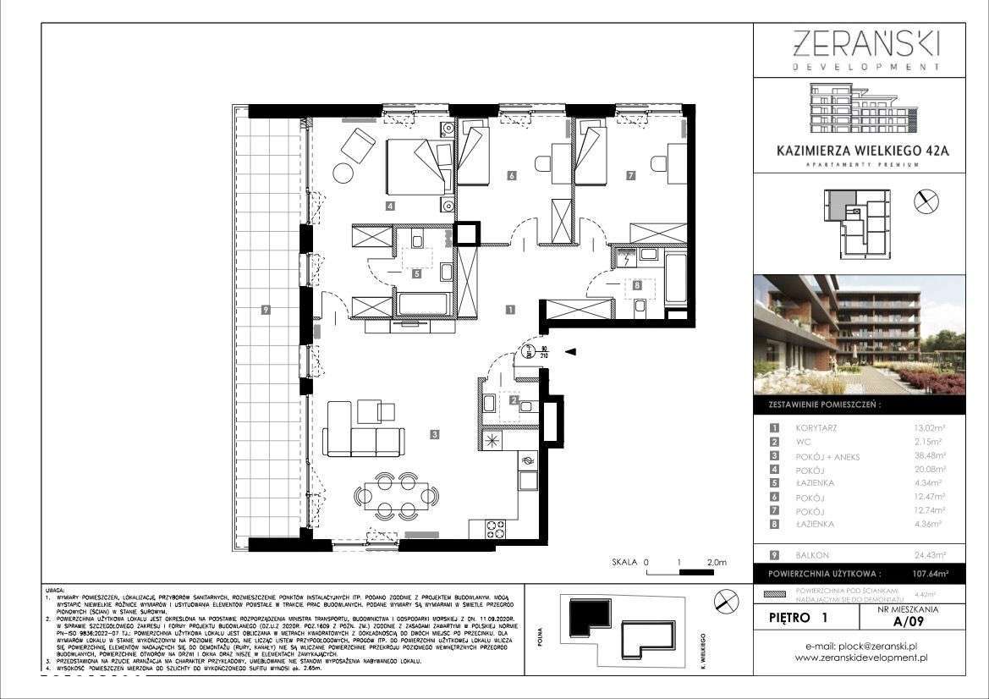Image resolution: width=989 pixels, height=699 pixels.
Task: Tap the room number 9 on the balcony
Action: coord(266,311)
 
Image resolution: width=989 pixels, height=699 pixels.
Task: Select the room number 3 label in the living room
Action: coord(434,435)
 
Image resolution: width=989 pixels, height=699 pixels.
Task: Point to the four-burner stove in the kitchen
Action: coord(496,530)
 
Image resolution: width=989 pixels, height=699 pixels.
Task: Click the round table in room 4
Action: coord(345,173)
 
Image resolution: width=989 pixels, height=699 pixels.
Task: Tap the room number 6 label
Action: coord(512,177)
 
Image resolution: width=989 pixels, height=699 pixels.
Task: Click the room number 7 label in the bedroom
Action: coord(630,176)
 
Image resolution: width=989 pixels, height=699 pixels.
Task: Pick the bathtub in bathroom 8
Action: coord(676,278)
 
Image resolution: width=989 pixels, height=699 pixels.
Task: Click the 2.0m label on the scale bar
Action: coord(716,562)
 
